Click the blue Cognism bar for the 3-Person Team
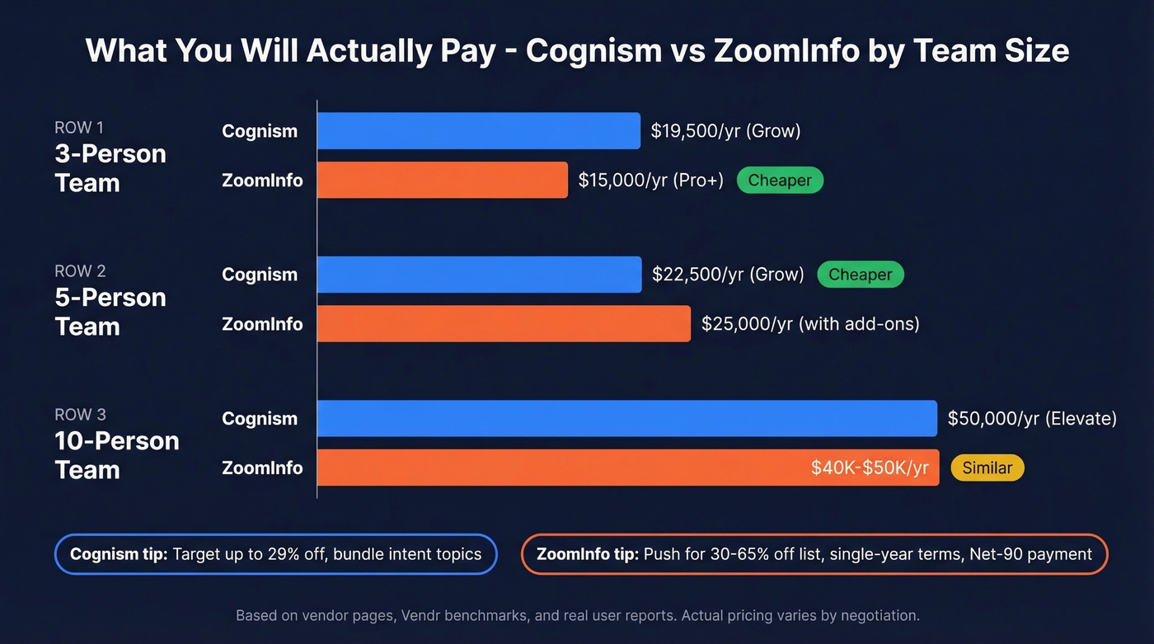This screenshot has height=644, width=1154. (x=478, y=131)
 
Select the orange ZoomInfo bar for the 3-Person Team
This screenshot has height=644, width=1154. (x=442, y=180)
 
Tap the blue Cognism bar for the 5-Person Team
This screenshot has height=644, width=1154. (x=479, y=275)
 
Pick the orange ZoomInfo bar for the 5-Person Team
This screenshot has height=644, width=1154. (x=504, y=323)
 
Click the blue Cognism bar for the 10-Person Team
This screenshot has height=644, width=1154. (x=626, y=418)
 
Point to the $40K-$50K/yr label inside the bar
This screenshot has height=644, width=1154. (x=870, y=468)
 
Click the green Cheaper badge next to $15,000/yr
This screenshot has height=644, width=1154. (x=780, y=180)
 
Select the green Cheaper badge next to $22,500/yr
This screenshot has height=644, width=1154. (x=860, y=275)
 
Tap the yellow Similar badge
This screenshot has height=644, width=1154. (x=987, y=468)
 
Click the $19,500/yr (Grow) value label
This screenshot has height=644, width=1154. (x=725, y=131)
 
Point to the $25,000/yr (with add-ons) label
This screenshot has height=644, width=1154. (x=809, y=323)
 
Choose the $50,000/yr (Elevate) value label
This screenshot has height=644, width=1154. (x=1031, y=418)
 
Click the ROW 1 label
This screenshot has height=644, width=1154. (x=79, y=128)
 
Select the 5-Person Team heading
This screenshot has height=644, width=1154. (x=110, y=312)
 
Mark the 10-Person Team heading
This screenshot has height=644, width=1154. (x=116, y=455)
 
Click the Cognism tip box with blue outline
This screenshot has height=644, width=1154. (x=275, y=554)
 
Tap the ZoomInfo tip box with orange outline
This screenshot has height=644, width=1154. (x=814, y=554)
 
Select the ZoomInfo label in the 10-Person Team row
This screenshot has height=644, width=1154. (x=262, y=468)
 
